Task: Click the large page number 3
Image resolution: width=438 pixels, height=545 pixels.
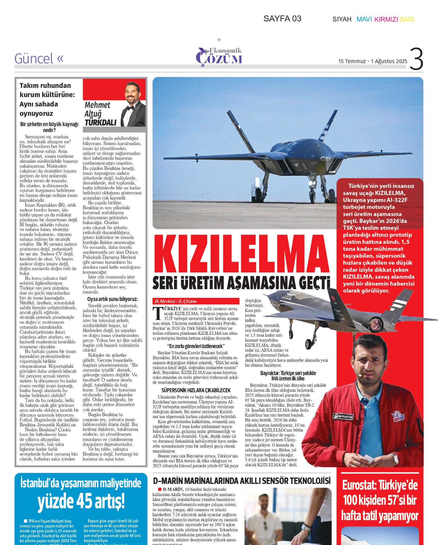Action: point(416,59)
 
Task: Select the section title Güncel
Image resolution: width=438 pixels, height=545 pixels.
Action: point(34,59)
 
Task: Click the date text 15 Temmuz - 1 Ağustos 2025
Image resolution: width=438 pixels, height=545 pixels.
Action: point(372,61)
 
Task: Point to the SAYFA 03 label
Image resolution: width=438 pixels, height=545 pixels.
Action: point(282,19)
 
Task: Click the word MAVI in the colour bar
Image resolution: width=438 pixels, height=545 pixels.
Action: point(364,19)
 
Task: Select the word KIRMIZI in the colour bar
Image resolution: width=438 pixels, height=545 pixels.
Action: point(386,19)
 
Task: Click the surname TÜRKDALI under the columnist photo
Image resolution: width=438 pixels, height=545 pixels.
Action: point(101,123)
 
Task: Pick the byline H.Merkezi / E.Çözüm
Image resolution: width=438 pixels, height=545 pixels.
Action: point(176,301)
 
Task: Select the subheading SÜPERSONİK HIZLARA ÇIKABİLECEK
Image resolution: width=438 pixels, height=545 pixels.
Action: point(196,390)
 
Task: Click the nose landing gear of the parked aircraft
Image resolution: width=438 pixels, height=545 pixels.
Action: point(313,193)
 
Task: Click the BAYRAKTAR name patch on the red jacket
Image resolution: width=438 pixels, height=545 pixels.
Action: point(343,416)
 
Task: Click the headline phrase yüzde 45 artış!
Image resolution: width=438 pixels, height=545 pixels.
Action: point(81,502)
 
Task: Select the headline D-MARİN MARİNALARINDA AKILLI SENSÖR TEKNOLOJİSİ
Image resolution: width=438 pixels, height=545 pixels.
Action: point(242,481)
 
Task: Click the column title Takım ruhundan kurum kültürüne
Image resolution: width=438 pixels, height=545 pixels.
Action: point(47,90)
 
